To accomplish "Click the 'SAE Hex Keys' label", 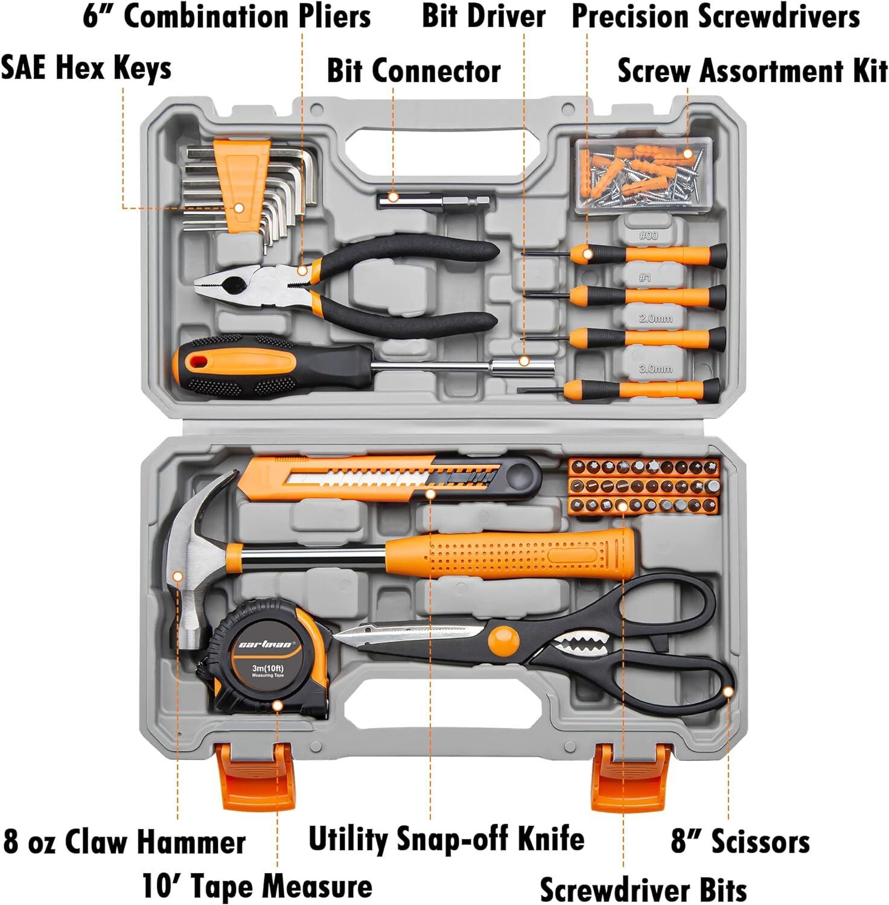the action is [x=86, y=68].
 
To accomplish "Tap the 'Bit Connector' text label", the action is [x=413, y=71].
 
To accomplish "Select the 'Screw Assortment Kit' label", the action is [x=753, y=71].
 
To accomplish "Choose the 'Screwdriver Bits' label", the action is [x=643, y=889].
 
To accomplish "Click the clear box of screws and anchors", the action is [x=644, y=175].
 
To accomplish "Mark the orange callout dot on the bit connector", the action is [x=394, y=197].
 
